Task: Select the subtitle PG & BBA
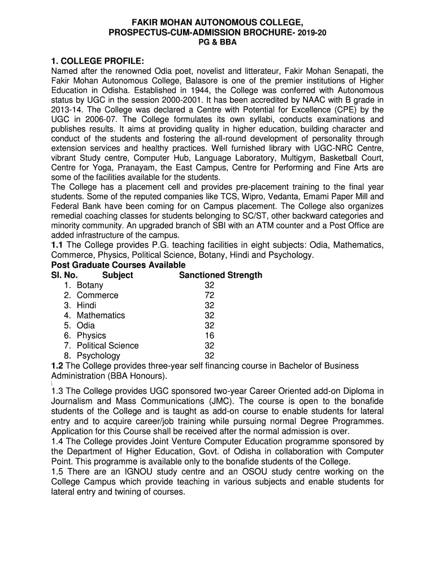[x=217, y=43]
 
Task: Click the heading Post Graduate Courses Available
[x=118, y=265]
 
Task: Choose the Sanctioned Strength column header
[x=220, y=275]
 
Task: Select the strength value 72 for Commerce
[x=210, y=295]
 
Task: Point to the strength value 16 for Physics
[x=210, y=335]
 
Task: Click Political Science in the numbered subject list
[x=107, y=345]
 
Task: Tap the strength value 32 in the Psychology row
[x=210, y=356]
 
